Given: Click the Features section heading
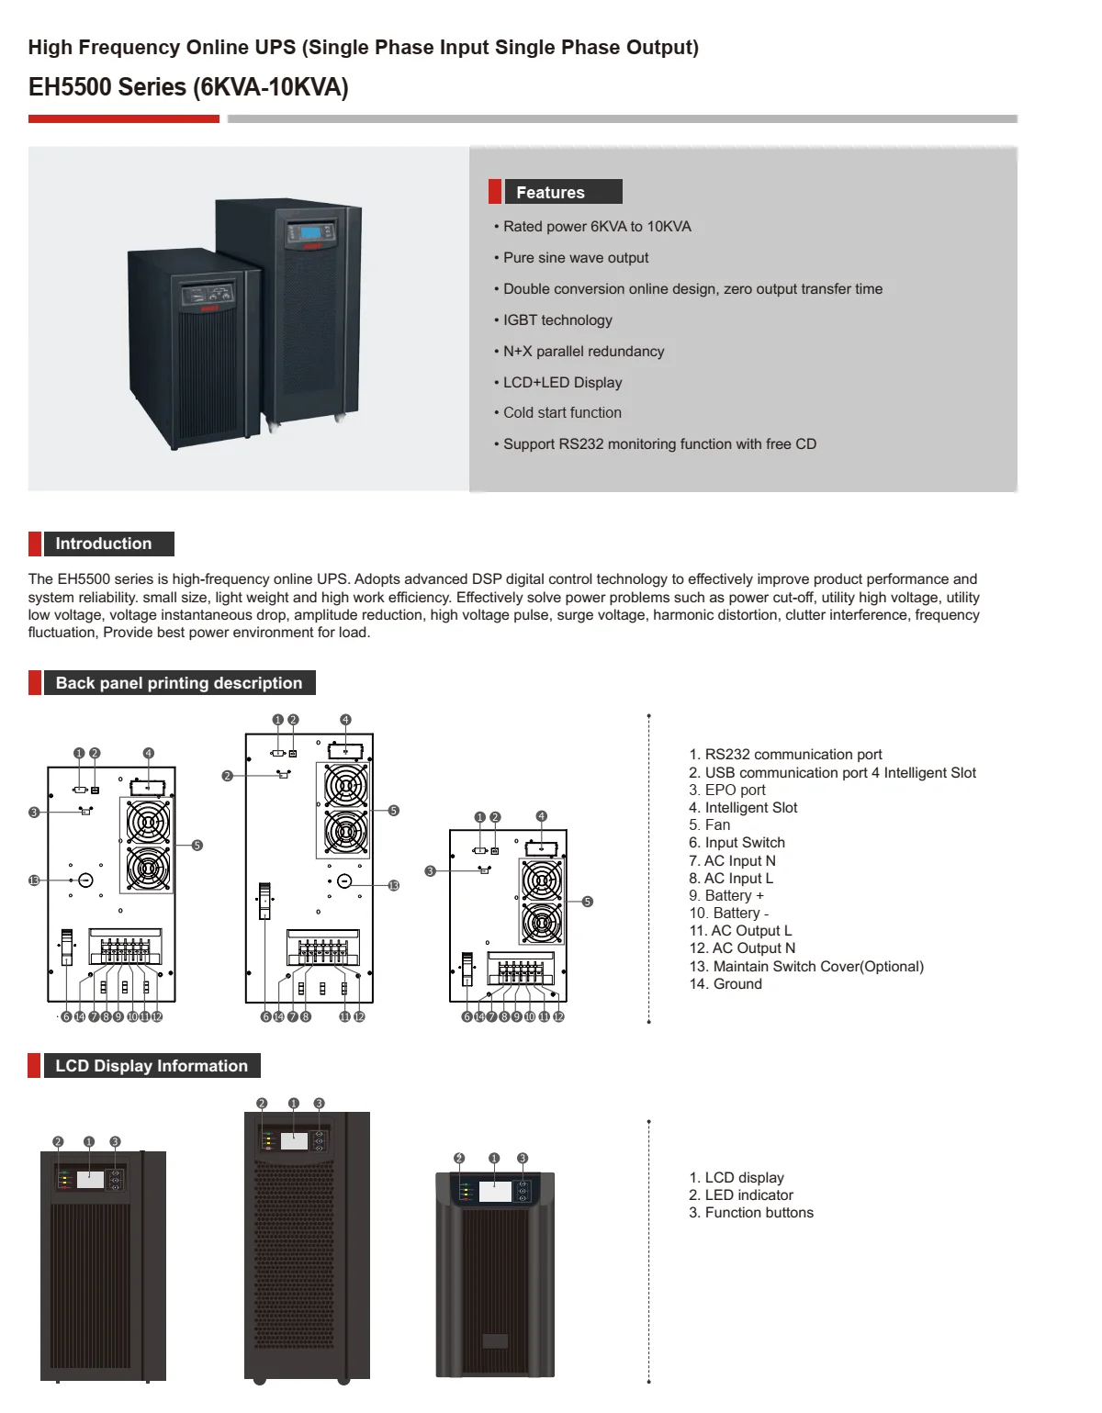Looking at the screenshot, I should (550, 193).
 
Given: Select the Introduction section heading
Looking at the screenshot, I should (103, 544).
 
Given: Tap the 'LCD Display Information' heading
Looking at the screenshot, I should (152, 1066).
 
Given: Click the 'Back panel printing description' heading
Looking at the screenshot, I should (178, 683).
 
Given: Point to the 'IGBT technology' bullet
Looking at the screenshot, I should (557, 320).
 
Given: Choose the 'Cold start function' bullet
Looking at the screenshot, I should (562, 413).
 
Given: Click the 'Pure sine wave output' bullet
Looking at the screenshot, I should (576, 258).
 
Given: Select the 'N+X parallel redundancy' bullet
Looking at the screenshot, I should (583, 352).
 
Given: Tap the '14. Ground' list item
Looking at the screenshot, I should (725, 984).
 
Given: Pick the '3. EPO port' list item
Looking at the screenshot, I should (727, 791).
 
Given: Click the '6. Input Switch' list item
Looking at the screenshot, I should (737, 843).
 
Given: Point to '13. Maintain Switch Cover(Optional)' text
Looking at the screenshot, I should (806, 967).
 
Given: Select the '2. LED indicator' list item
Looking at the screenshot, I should (741, 1195).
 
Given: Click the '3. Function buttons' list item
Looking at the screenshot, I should (751, 1213).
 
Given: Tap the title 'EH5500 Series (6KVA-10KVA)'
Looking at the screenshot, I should (188, 87).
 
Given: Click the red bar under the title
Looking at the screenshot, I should (124, 118).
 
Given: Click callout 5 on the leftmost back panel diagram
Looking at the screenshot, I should (197, 846).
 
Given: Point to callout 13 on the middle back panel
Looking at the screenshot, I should (394, 886).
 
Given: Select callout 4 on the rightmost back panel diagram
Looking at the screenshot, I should (541, 816).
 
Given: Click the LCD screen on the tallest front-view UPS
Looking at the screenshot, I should (294, 1141).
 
